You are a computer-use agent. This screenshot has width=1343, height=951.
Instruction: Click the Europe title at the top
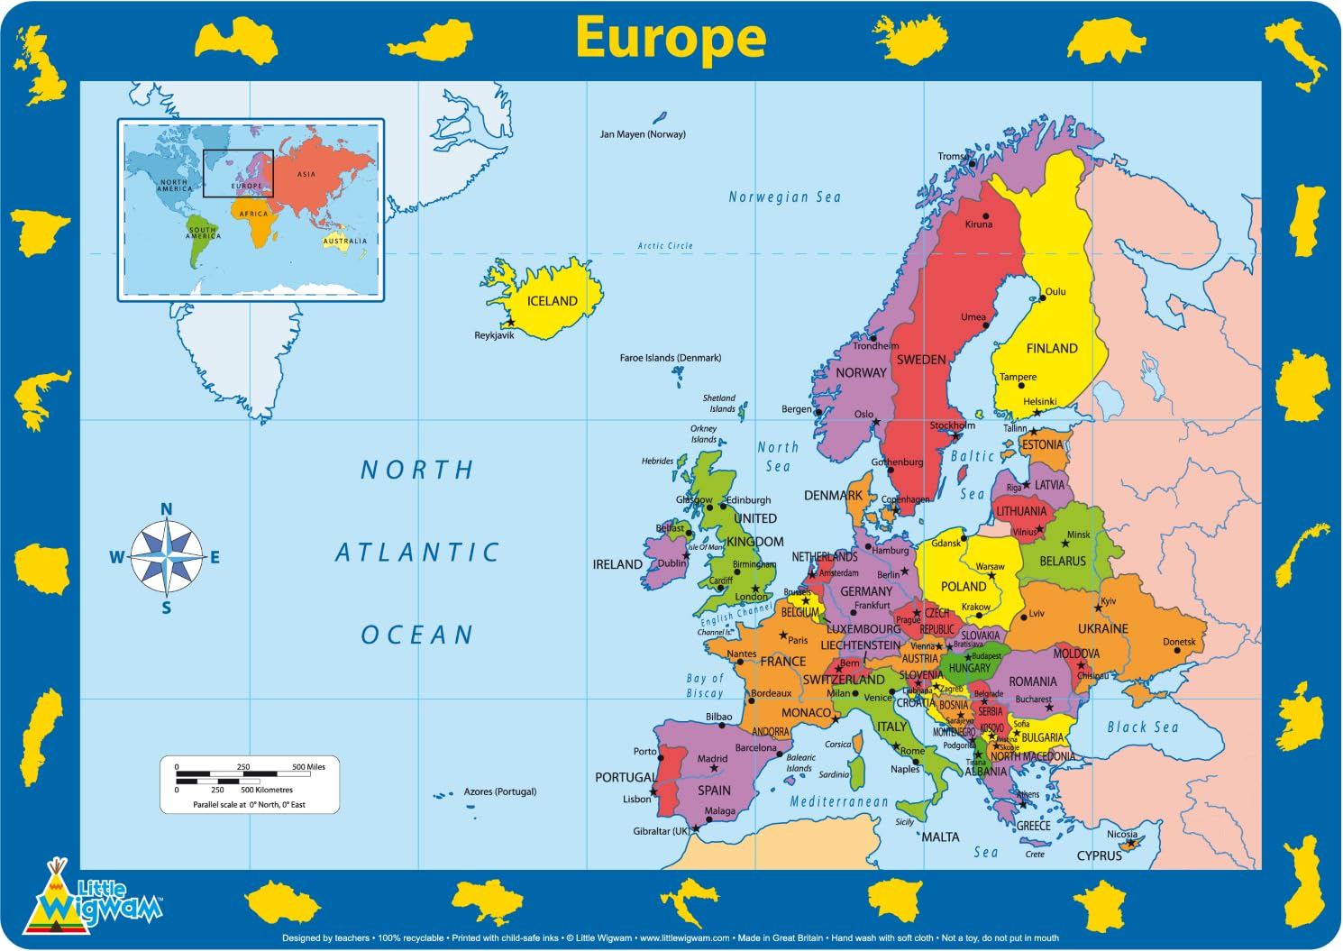671,38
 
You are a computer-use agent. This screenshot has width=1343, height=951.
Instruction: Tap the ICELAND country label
552,301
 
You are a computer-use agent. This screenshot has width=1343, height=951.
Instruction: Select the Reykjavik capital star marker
510,322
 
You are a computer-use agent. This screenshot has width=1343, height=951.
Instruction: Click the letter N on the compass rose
166,509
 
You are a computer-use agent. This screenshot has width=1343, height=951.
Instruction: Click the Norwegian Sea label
784,197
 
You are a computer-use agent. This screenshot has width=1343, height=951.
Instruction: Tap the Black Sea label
1142,727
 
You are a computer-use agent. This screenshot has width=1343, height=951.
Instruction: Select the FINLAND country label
1051,348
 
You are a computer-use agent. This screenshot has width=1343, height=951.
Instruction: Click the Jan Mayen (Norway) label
643,134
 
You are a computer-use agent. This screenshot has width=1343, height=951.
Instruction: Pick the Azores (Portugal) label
499,791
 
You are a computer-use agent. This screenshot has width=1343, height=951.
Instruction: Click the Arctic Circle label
665,245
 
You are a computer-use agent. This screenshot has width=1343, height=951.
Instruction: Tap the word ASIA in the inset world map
306,174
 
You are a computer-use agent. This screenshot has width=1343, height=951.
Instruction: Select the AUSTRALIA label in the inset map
345,241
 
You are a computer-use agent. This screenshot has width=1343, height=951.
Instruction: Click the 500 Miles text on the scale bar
308,767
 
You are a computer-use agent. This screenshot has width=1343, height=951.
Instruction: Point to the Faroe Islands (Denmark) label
670,358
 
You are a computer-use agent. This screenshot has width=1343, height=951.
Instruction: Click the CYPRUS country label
1099,855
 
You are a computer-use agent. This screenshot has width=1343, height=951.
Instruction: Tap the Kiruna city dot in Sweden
986,216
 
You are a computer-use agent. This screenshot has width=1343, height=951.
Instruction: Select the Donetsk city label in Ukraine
1179,642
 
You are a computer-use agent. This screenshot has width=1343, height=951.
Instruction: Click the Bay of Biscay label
705,685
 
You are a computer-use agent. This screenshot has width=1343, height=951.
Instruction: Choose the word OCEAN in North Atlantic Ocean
416,635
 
